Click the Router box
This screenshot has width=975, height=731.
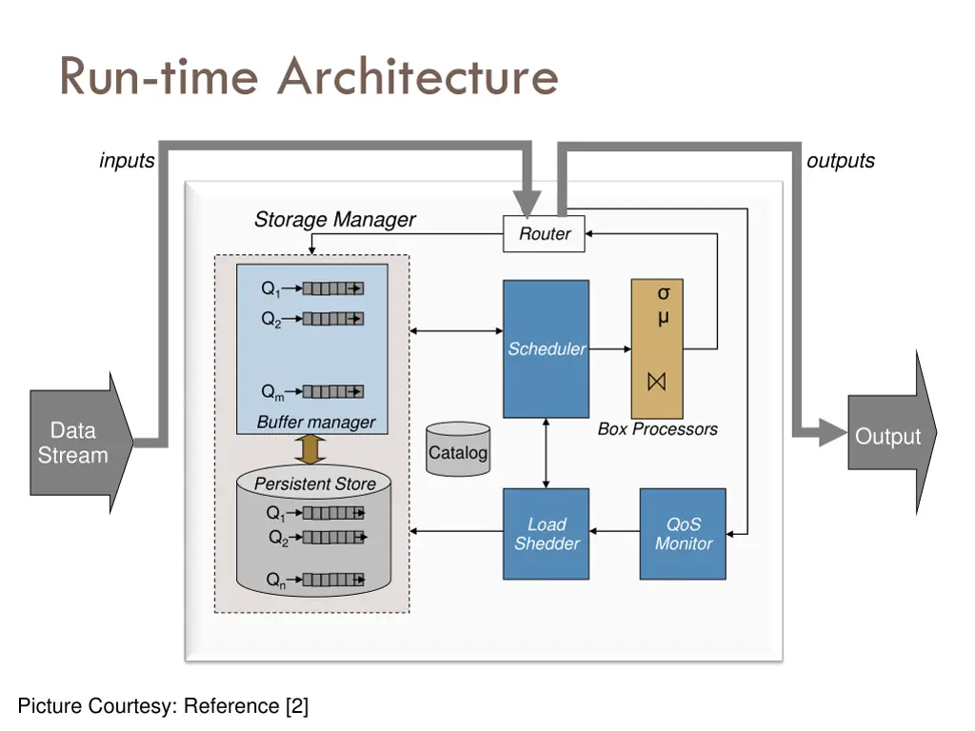(544, 234)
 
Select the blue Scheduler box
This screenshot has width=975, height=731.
(546, 348)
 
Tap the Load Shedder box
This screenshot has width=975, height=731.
(546, 534)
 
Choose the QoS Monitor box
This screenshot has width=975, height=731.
(683, 534)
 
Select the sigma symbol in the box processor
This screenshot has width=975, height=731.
(664, 293)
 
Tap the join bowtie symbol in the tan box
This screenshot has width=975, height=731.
(657, 382)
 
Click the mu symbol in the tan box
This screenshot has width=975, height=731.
(663, 317)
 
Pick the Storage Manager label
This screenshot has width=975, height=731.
(334, 220)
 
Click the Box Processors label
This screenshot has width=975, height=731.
(657, 429)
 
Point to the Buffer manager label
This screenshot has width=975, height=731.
(316, 422)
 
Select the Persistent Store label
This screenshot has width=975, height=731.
(314, 484)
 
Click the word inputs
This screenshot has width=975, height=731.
(127, 161)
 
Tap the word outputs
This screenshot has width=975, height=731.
(840, 161)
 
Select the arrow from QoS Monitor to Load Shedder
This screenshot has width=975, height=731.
(614, 531)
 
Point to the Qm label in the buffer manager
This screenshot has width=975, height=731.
(272, 392)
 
